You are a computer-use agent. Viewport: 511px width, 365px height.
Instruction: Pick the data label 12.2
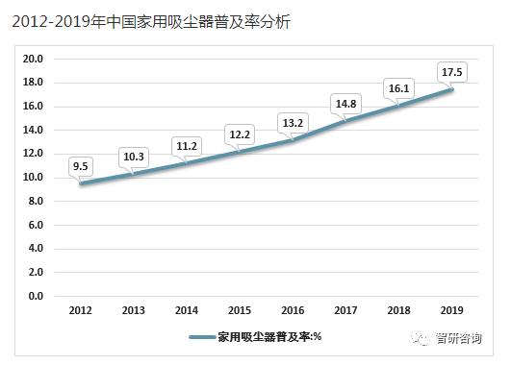coord(239,133)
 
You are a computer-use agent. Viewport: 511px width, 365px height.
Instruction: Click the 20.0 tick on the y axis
coord(33,59)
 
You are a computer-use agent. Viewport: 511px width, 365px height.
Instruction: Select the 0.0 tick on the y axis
coord(36,296)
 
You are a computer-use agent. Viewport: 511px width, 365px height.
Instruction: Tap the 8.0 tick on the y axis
coord(36,201)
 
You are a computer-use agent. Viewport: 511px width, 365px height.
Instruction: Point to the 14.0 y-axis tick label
coord(33,130)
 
